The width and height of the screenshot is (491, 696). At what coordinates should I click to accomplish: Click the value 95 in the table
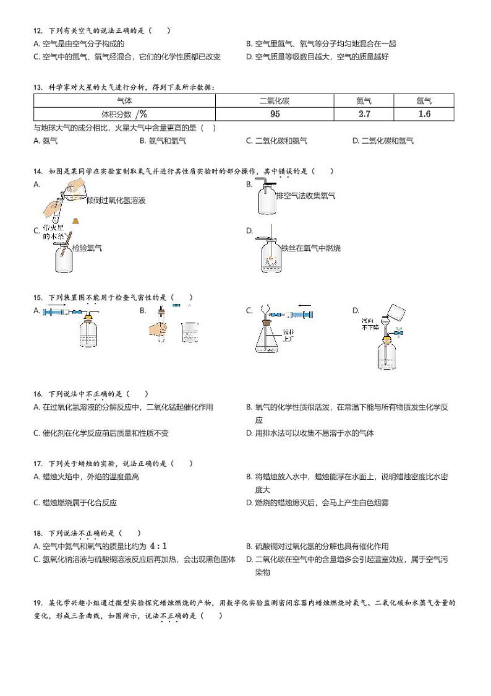click(275, 114)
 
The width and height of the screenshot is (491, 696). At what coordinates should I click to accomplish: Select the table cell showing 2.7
click(364, 114)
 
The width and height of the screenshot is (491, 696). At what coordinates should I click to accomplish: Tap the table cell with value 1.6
click(424, 114)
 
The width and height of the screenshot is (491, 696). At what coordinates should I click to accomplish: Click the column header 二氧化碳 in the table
click(275, 100)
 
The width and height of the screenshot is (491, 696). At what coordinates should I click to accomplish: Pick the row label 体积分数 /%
click(124, 114)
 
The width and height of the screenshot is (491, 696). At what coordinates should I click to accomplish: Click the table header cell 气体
click(124, 100)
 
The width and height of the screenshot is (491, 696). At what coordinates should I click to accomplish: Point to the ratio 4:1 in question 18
click(158, 546)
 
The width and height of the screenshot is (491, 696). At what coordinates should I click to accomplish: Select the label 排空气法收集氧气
click(305, 196)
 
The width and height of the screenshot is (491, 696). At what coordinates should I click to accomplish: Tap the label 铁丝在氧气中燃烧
click(310, 248)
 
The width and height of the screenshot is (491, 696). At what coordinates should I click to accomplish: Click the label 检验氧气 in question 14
click(87, 248)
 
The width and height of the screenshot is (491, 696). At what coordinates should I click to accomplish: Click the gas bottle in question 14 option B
click(267, 198)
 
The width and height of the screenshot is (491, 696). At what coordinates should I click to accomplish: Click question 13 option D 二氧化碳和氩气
click(386, 141)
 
